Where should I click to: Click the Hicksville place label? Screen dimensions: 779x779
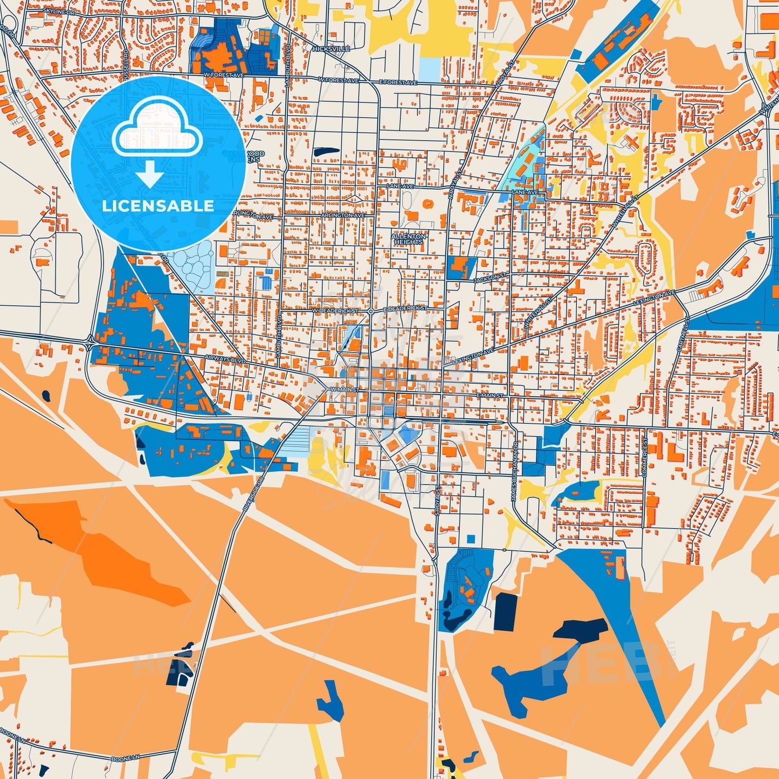[x=332, y=49]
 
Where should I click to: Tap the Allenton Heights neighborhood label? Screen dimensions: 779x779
[x=409, y=239]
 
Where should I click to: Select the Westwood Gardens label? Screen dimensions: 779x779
[x=244, y=157]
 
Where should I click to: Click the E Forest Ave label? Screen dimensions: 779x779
[x=398, y=82]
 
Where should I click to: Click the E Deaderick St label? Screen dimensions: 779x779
[x=405, y=308]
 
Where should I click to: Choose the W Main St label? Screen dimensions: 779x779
[x=345, y=389]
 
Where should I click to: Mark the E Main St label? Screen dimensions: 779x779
[x=490, y=396]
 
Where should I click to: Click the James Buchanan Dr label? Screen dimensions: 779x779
[x=514, y=480]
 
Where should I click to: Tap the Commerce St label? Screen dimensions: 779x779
[x=644, y=457]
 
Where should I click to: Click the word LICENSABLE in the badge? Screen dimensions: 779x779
[x=158, y=206]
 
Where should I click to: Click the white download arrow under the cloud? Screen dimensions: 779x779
[x=149, y=175]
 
